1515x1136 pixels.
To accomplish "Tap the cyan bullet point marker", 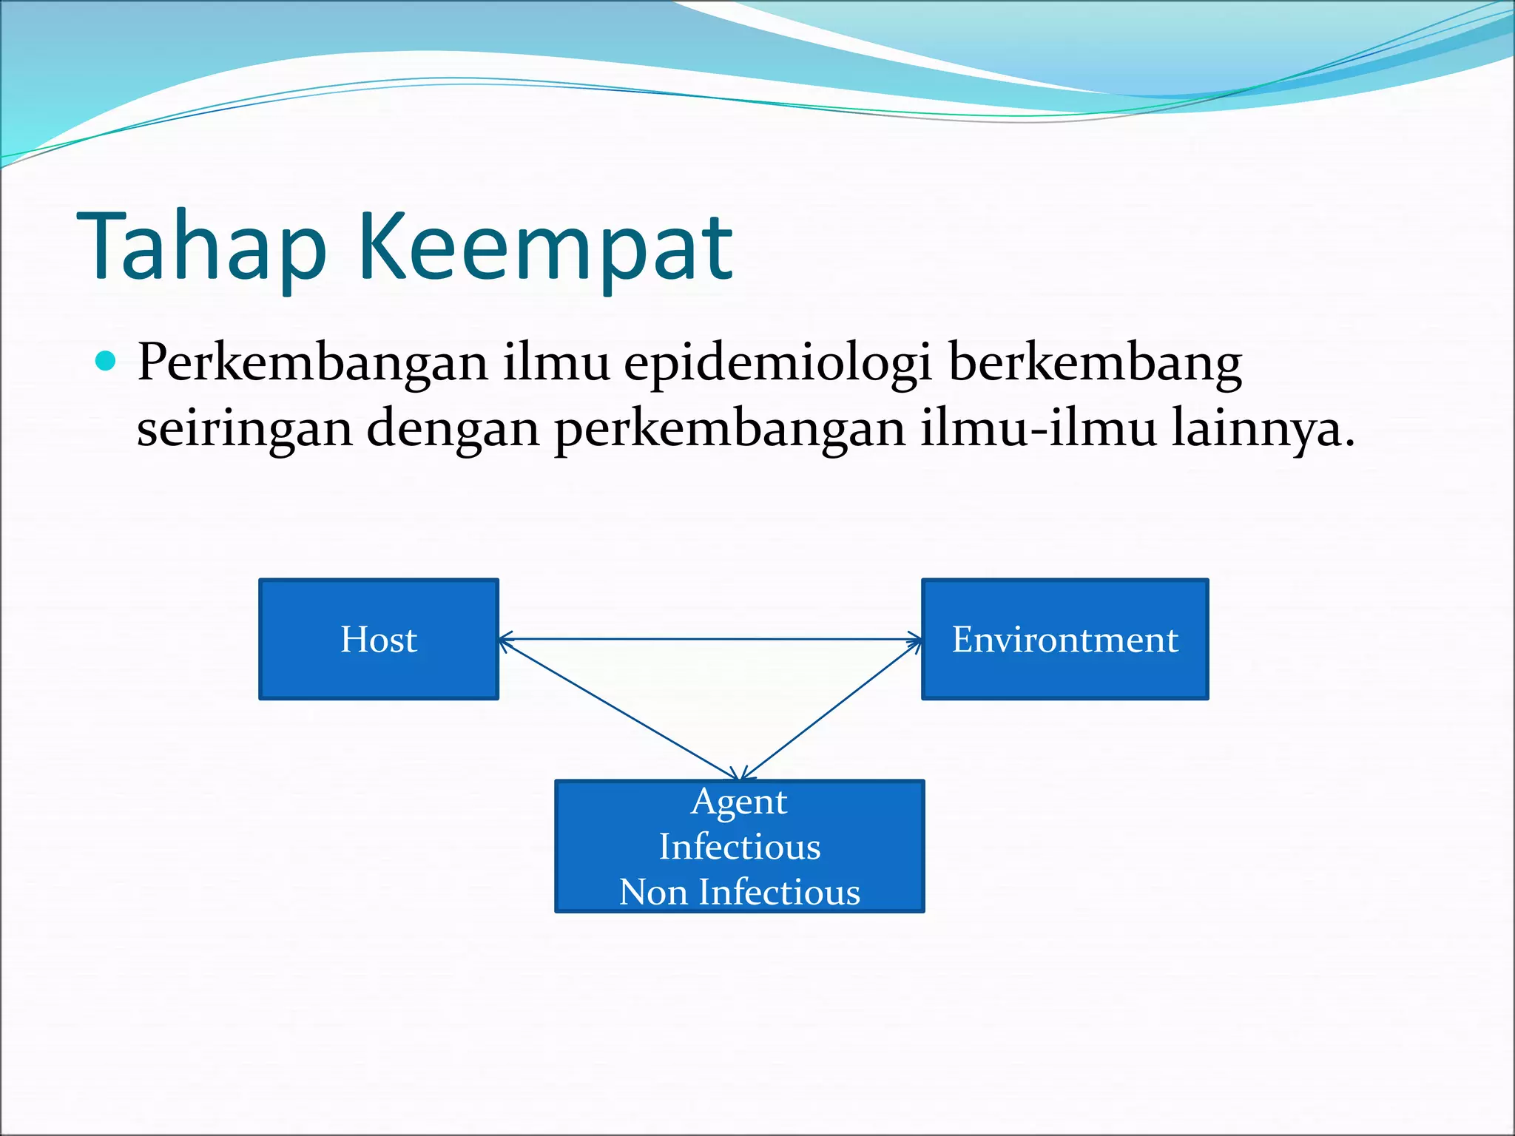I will pyautogui.click(x=107, y=361).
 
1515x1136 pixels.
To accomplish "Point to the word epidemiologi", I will pyautogui.click(x=777, y=364).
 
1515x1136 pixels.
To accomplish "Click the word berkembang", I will pyautogui.click(x=1094, y=364).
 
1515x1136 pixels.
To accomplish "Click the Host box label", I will pyautogui.click(x=379, y=639).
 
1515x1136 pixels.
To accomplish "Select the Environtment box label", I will pyautogui.click(x=1064, y=639).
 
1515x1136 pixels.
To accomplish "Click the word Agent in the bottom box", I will pyautogui.click(x=739, y=802).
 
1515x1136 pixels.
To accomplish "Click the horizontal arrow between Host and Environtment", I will pyautogui.click(x=710, y=638).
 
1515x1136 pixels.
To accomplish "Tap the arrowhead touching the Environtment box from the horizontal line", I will pyautogui.click(x=915, y=639).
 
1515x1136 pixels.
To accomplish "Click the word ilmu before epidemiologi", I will pyautogui.click(x=556, y=364).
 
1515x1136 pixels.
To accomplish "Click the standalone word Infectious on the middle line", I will pyautogui.click(x=740, y=846).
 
